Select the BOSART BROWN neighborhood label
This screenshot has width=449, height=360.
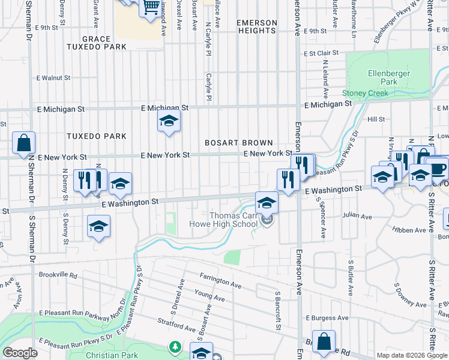(239, 143)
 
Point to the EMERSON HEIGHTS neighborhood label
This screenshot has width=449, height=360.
(257, 26)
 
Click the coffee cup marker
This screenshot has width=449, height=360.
(437, 170)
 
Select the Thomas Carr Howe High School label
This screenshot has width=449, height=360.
(233, 220)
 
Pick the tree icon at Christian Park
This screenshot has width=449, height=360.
(175, 347)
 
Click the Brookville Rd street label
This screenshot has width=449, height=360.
(57, 276)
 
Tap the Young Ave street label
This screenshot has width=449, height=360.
(209, 295)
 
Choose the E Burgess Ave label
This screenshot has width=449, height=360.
(327, 317)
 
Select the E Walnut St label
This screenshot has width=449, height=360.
(53, 78)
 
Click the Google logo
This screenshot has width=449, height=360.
(20, 353)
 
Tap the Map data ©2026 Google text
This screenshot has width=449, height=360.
(411, 355)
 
